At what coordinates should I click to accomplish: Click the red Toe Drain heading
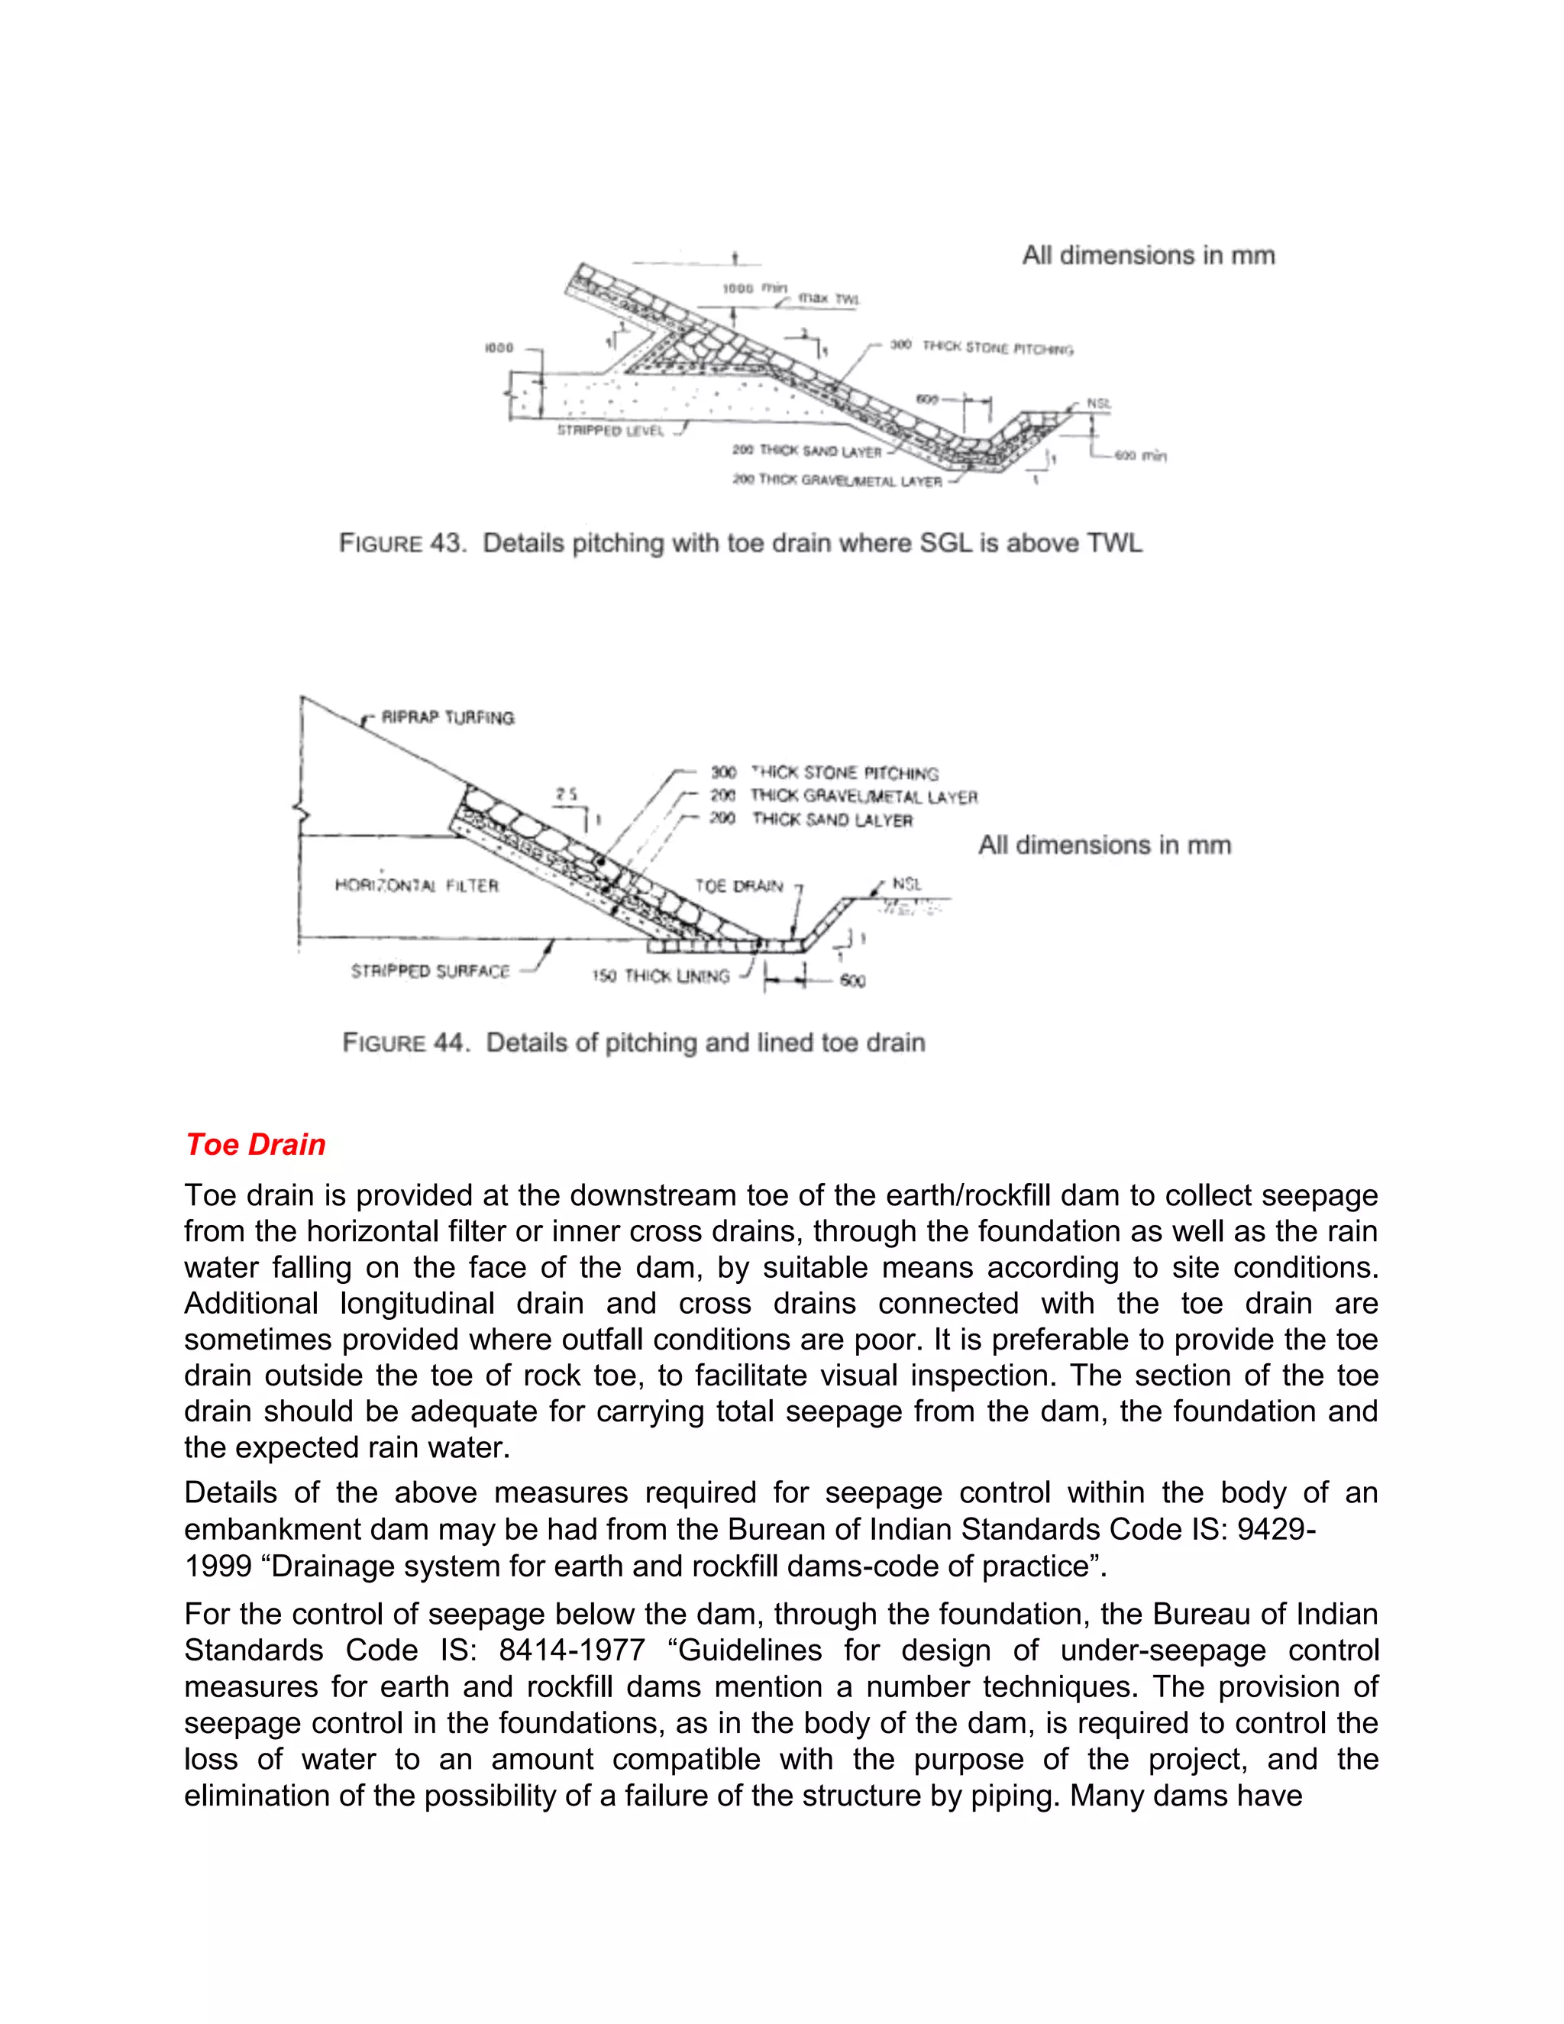255,1145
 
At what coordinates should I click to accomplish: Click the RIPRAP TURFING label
448,718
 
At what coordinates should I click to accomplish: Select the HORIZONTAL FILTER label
417,886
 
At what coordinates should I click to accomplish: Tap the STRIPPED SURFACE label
431,972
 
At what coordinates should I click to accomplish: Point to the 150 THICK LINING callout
661,976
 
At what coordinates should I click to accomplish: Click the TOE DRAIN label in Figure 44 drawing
738,886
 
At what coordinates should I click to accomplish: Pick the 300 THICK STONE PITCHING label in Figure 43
982,348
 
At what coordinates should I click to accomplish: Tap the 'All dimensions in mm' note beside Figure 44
1104,845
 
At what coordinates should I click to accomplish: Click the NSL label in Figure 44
906,884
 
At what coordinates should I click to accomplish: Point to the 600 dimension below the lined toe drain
852,981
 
